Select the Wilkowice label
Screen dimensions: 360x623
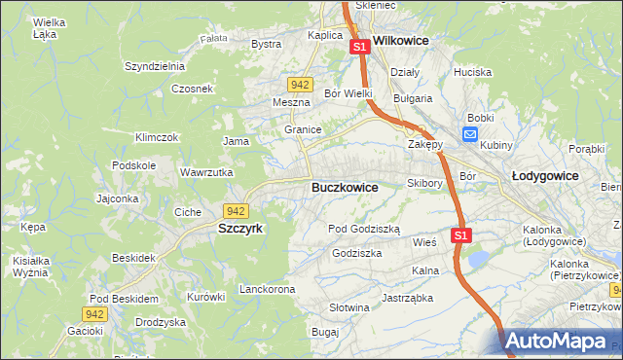(402, 43)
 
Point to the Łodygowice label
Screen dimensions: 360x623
(545, 176)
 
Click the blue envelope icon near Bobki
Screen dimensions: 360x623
(471, 135)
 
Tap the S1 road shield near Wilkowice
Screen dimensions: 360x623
(359, 46)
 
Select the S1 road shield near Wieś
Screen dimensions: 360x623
(462, 235)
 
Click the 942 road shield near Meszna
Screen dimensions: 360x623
(301, 85)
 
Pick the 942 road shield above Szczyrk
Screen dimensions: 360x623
(235, 210)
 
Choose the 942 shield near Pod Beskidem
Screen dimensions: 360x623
(93, 313)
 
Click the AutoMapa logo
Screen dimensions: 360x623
(559, 342)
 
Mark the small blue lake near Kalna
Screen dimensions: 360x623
(478, 259)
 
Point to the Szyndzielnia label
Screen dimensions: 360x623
(155, 66)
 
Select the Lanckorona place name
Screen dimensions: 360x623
(267, 290)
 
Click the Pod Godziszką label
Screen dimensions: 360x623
(364, 229)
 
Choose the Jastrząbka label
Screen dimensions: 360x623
(407, 298)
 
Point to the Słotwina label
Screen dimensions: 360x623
(349, 307)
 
